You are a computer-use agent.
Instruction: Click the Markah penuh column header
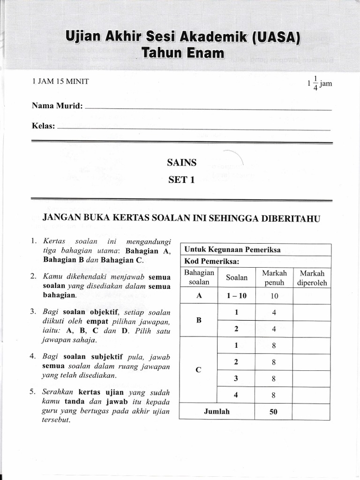pos(274,277)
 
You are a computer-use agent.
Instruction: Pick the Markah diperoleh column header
pos(312,277)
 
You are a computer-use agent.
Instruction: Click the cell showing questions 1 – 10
pos(236,296)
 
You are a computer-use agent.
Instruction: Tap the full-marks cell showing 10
pos(274,296)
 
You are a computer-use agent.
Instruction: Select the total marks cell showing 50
pos(274,412)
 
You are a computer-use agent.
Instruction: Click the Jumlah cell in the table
pos(217,412)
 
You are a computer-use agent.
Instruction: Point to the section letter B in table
pos(199,320)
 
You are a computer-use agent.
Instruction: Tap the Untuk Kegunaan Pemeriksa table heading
pos(232,249)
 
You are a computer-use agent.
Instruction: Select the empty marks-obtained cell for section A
pos(312,296)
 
